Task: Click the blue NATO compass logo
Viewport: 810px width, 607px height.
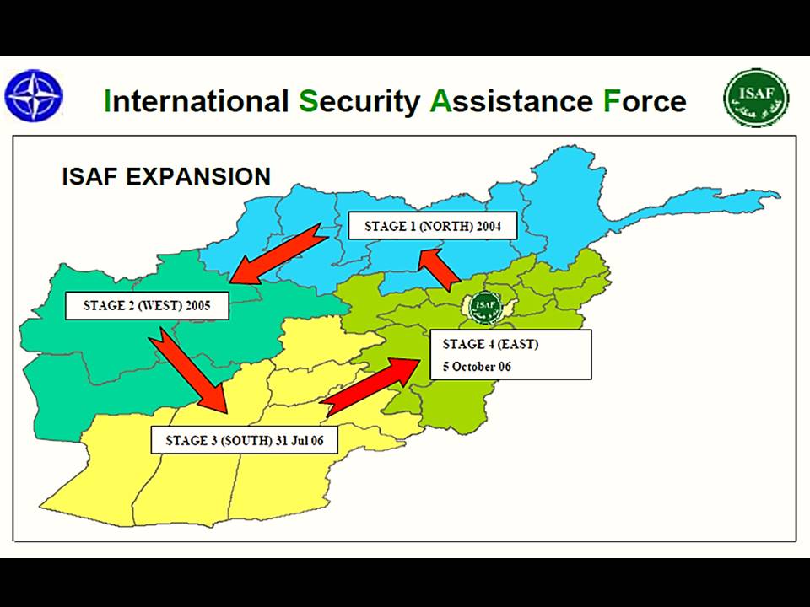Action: pyautogui.click(x=34, y=96)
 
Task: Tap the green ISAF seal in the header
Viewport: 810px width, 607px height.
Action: pyautogui.click(x=756, y=98)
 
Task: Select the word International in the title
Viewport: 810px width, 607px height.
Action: pyautogui.click(x=196, y=100)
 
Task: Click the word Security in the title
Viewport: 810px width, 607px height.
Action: pyautogui.click(x=359, y=102)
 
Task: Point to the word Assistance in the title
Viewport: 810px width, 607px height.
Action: pyautogui.click(x=511, y=100)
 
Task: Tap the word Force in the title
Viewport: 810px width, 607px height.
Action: pyautogui.click(x=645, y=100)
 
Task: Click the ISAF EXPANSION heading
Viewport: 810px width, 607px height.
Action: pyautogui.click(x=166, y=176)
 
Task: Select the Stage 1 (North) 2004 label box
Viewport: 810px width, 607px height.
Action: pyautogui.click(x=433, y=226)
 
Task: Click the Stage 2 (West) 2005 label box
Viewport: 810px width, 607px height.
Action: pyautogui.click(x=147, y=305)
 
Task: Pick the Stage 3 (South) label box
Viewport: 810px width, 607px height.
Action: pyautogui.click(x=245, y=440)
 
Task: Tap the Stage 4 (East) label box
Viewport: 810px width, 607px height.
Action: pyautogui.click(x=510, y=355)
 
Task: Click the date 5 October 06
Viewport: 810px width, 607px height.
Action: pyautogui.click(x=477, y=367)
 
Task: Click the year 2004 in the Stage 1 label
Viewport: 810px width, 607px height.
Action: pyautogui.click(x=489, y=226)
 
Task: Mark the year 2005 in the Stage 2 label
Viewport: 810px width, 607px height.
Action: pyautogui.click(x=197, y=305)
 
